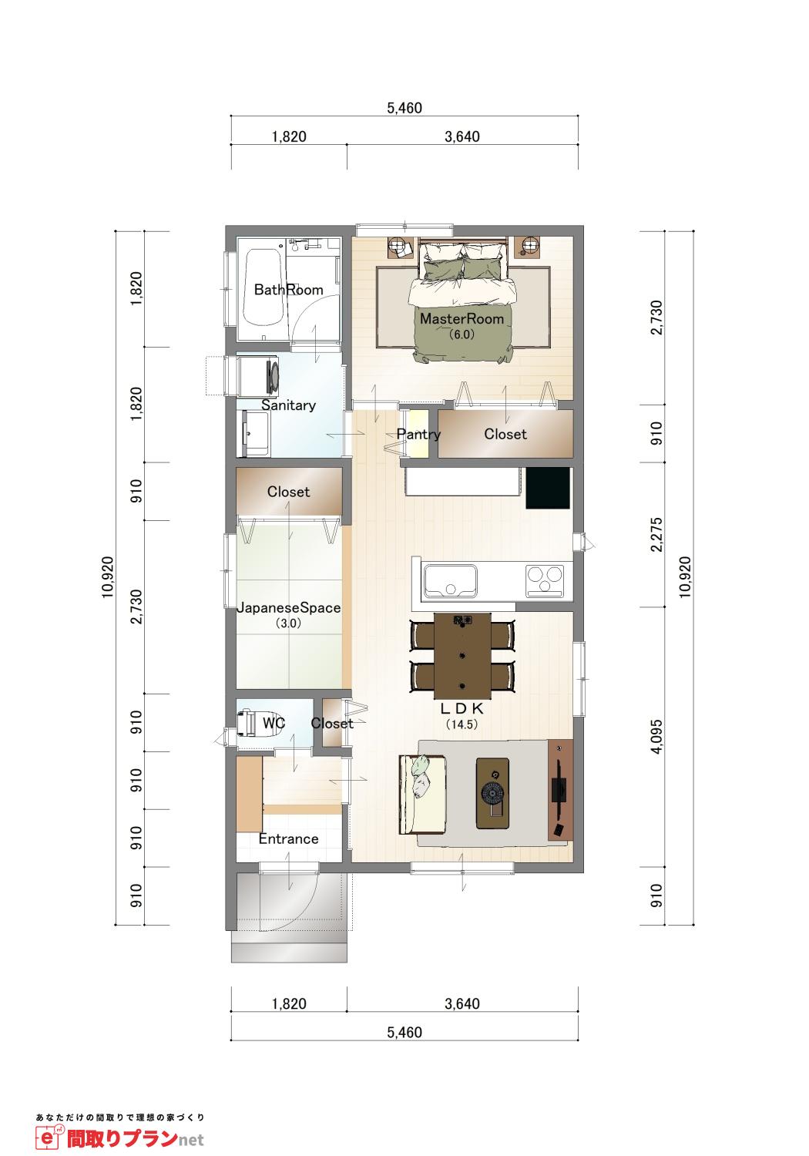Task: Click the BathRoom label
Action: point(288,290)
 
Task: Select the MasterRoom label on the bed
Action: point(462,318)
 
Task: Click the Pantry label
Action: point(418,434)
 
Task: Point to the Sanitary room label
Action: point(288,405)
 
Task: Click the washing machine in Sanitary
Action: point(259,374)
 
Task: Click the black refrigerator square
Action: point(548,488)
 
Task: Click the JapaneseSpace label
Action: point(288,607)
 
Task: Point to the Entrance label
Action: point(288,838)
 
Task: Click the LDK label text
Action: point(462,708)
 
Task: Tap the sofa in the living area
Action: point(422,793)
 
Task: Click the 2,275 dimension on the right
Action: point(656,535)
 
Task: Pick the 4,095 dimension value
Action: point(656,737)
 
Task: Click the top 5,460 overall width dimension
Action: point(404,108)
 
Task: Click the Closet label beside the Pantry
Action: point(505,434)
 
